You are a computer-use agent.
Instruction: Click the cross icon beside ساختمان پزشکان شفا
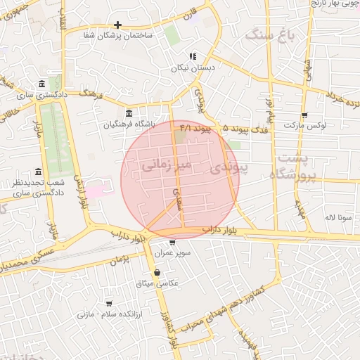point(117,25)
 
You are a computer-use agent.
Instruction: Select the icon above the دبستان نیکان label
point(193,57)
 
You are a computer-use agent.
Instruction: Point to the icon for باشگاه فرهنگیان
point(128,113)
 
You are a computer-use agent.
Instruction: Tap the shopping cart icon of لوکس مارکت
point(304,115)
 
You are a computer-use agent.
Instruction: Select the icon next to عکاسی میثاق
point(156,272)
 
